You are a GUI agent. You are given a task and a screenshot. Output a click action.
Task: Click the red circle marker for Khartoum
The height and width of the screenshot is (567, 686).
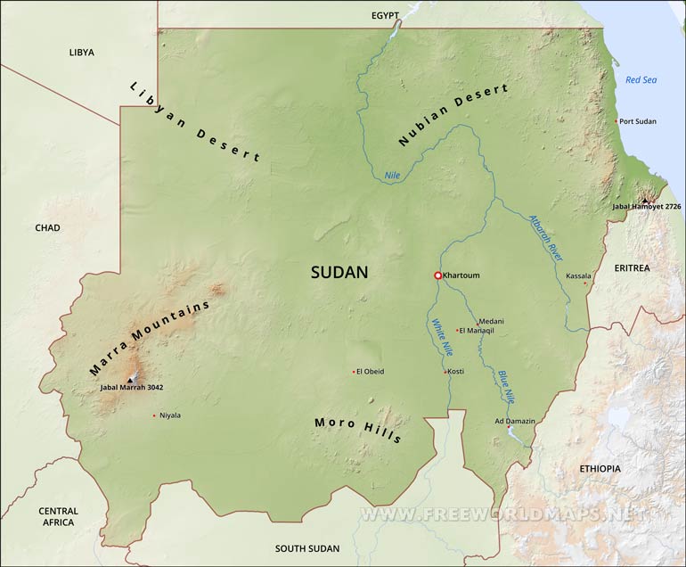437,276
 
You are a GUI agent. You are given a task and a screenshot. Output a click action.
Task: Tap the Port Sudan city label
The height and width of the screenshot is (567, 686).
638,121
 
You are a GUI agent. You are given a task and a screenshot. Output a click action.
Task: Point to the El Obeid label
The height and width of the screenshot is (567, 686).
371,372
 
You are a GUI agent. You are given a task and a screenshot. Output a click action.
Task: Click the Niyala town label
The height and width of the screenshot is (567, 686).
170,415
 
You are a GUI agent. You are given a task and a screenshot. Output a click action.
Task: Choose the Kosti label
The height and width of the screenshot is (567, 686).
455,372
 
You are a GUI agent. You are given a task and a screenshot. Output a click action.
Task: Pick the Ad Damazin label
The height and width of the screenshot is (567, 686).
515,421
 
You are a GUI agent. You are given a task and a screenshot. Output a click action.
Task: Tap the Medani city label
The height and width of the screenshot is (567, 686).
491,321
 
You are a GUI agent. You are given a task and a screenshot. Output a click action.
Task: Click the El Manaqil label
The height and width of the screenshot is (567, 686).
476,331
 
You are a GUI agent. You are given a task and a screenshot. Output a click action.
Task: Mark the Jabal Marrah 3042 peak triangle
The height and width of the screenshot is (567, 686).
131,379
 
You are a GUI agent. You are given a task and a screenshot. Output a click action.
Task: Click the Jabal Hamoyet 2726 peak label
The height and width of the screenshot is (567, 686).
646,207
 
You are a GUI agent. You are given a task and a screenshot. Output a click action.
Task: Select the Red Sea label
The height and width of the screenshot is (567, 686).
641,80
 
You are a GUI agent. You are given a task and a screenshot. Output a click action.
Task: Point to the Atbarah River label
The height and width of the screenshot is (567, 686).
545,237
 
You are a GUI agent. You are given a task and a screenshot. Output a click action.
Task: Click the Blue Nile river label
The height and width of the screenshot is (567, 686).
505,385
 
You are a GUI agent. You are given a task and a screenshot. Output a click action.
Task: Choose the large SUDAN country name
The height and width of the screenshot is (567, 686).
339,273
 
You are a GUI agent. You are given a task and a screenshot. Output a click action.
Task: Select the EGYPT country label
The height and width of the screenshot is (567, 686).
387,16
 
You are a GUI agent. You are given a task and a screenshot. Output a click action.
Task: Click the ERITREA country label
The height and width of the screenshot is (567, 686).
632,267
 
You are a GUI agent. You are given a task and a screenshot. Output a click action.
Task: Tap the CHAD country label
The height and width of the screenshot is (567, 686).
47,228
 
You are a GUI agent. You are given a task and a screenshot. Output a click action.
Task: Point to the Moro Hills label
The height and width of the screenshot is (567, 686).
358,430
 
